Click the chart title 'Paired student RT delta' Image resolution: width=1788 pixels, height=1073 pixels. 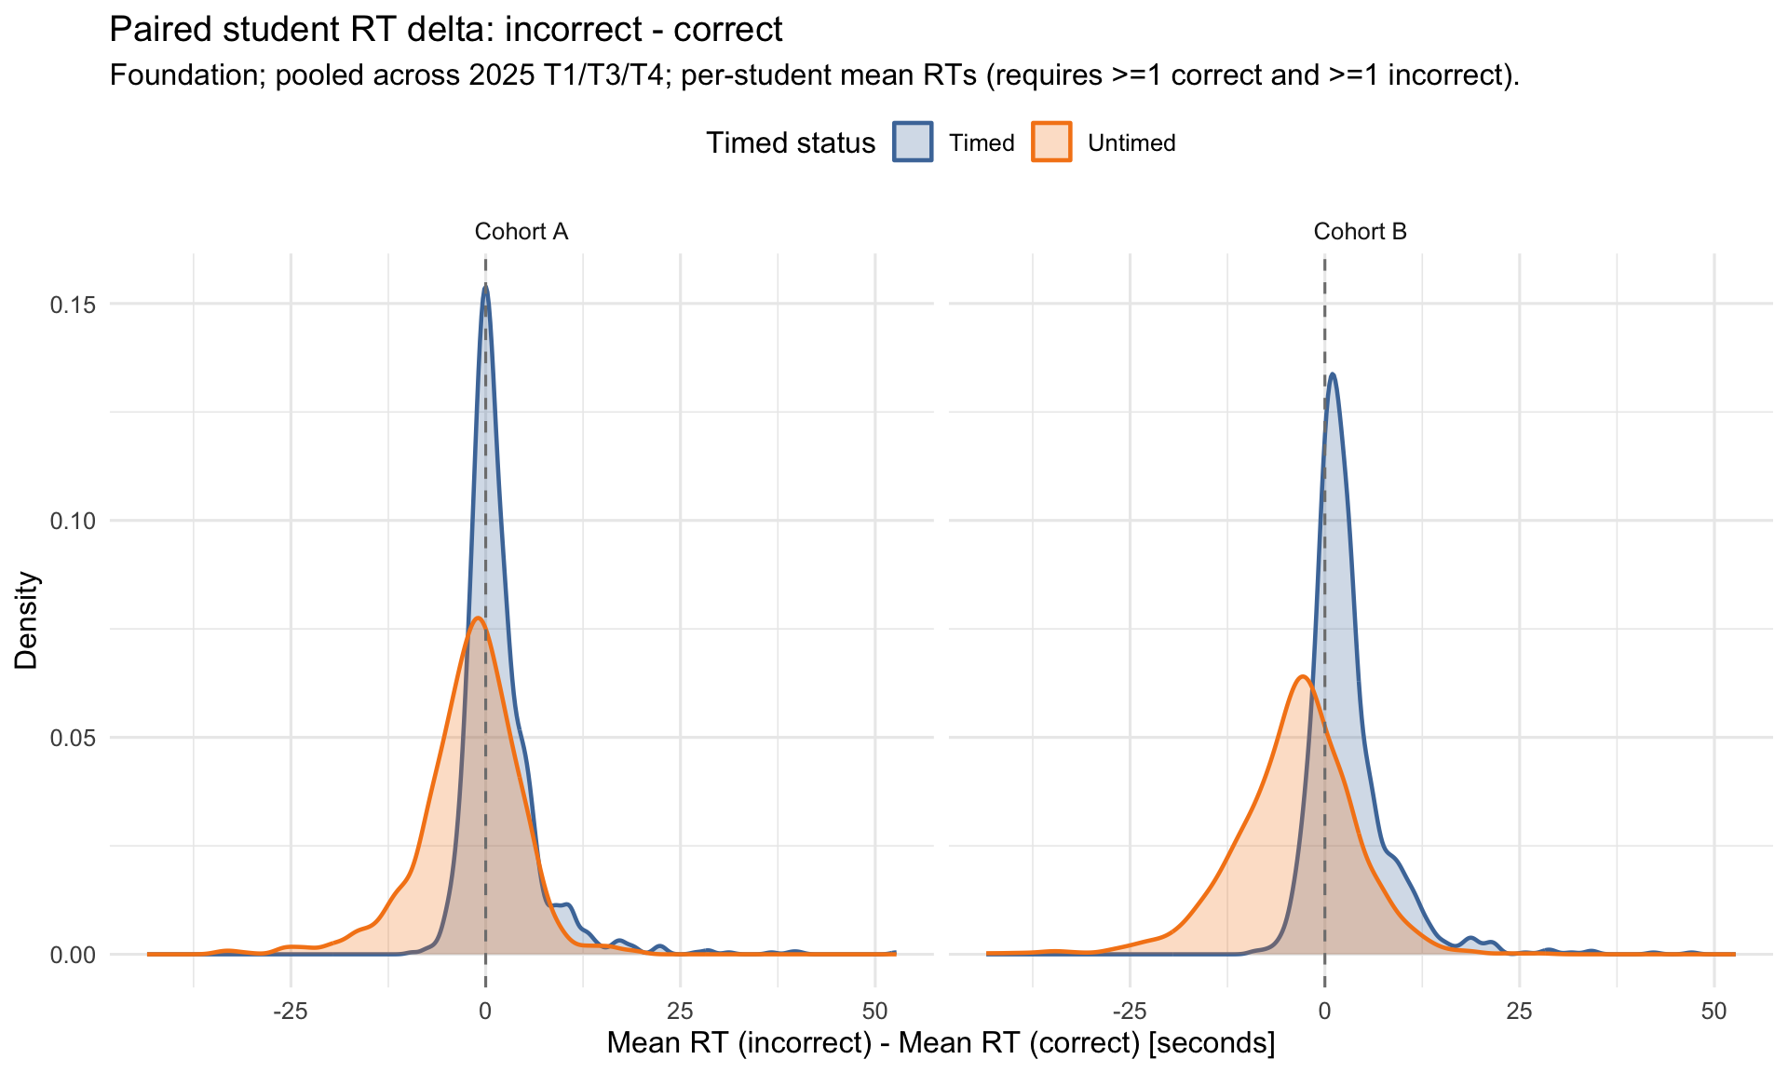(445, 30)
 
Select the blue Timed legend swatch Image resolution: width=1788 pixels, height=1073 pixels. (913, 143)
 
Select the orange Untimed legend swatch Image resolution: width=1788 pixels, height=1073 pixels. (1051, 143)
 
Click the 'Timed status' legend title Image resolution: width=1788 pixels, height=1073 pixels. (790, 143)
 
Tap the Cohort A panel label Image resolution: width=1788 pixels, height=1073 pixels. (521, 231)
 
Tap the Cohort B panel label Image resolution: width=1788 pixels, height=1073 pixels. (1360, 231)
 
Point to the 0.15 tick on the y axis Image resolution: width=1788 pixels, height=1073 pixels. (73, 305)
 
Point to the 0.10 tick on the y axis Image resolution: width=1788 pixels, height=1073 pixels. (73, 521)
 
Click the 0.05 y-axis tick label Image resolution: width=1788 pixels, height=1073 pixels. (73, 738)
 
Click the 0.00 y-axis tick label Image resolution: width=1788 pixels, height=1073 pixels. (73, 955)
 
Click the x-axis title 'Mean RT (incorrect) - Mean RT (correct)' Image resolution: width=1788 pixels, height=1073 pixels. (941, 1042)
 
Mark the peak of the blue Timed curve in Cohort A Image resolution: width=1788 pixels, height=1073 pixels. (485, 286)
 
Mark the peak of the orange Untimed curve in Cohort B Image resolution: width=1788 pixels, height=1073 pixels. (1303, 676)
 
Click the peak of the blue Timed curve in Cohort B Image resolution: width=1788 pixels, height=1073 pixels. (1334, 374)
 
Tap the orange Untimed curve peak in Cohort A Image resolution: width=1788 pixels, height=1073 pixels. (478, 618)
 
